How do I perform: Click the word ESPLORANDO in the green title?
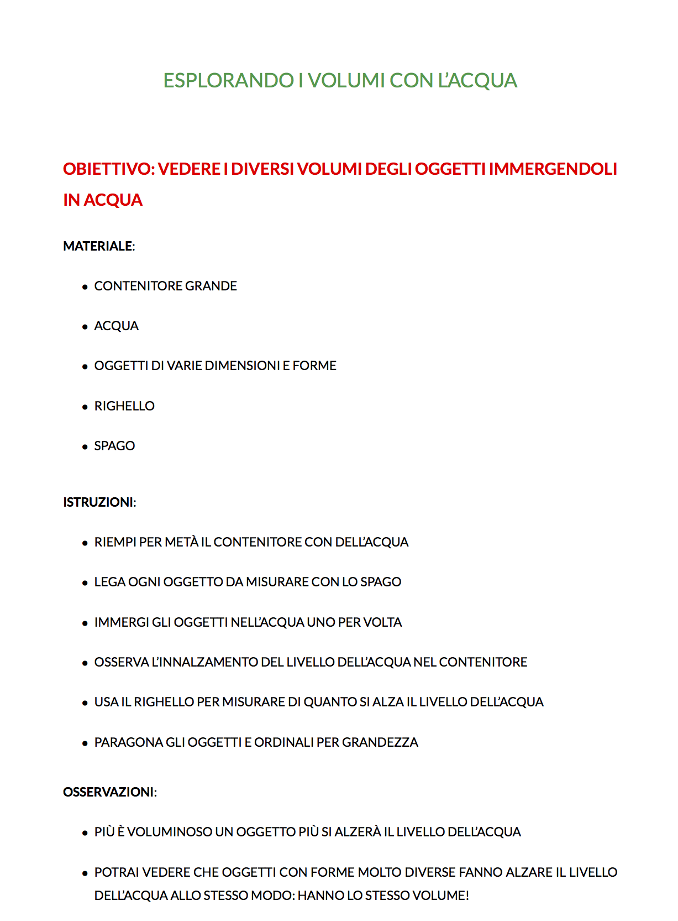coord(228,81)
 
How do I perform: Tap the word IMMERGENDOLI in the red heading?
coord(553,169)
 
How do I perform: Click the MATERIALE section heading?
coord(98,246)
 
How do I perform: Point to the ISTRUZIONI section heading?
coord(98,502)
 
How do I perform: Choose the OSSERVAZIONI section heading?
coord(108,792)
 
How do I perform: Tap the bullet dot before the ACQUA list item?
coord(85,327)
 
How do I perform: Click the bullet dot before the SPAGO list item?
coord(85,447)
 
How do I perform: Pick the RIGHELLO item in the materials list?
coord(124,406)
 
